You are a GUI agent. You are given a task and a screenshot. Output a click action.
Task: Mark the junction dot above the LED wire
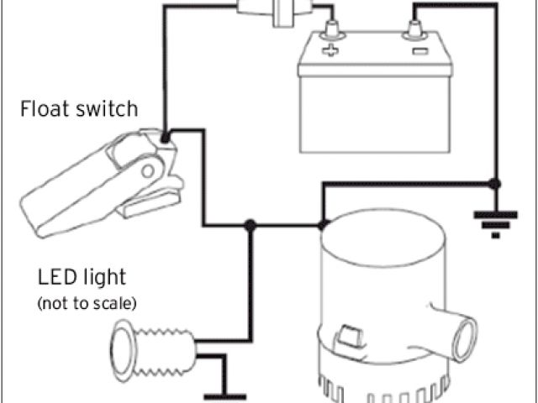tap(249, 225)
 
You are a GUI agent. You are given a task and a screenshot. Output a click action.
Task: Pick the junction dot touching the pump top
tap(324, 225)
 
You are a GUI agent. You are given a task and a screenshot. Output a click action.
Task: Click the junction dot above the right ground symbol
tap(495, 182)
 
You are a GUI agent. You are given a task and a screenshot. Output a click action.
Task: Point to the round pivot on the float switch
tap(150, 171)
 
